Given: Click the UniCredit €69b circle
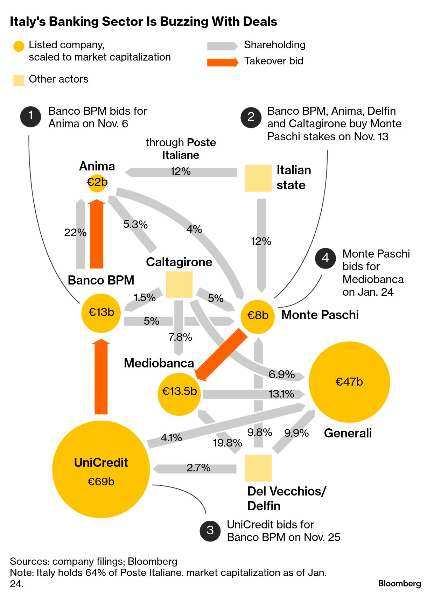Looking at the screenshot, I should pyautogui.click(x=101, y=469).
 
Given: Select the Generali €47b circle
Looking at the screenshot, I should pyautogui.click(x=349, y=382).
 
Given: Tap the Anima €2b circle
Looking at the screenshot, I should pyautogui.click(x=97, y=183).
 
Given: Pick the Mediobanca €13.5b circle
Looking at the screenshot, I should pyautogui.click(x=179, y=394).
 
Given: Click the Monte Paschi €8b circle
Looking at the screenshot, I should pyautogui.click(x=258, y=316).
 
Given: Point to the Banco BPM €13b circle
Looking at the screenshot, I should pyautogui.click(x=101, y=313).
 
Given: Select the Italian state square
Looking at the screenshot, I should pyautogui.click(x=258, y=178).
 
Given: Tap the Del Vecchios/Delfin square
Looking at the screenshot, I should pyautogui.click(x=258, y=468).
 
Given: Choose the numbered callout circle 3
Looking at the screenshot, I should pyautogui.click(x=210, y=531).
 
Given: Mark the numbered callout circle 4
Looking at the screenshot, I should pyautogui.click(x=325, y=258).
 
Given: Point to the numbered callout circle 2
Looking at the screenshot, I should pyautogui.click(x=251, y=117).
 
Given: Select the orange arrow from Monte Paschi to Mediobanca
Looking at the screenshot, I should pyautogui.click(x=221, y=355).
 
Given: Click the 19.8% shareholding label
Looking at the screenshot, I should pyautogui.click(x=227, y=443).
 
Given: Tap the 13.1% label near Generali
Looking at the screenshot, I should pyautogui.click(x=281, y=394).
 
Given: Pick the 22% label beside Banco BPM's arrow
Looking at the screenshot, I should pyautogui.click(x=75, y=232).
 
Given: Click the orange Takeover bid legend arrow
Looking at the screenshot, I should pyautogui.click(x=223, y=62).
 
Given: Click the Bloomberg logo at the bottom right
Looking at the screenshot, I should pyautogui.click(x=399, y=583).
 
